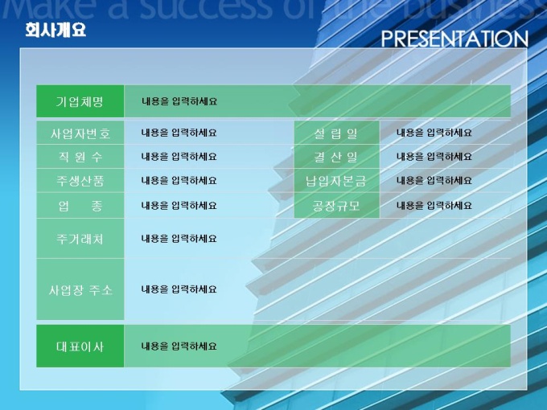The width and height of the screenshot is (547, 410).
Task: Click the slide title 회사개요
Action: pyautogui.click(x=56, y=30)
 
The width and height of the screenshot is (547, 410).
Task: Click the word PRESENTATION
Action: pyautogui.click(x=454, y=39)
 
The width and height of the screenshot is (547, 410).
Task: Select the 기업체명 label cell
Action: pyautogui.click(x=80, y=101)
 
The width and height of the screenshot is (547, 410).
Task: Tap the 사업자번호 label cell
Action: pyautogui.click(x=80, y=133)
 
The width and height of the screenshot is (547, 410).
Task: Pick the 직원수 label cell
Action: pyautogui.click(x=80, y=157)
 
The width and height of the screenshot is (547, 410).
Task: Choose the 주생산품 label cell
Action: pyautogui.click(x=80, y=181)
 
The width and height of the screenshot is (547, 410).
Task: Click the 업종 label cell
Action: pyautogui.click(x=80, y=205)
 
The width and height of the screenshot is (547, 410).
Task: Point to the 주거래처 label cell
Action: pyautogui.click(x=80, y=239)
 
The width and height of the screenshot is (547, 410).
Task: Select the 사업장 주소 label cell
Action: pyautogui.click(x=80, y=289)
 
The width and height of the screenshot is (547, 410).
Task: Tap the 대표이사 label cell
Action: pyautogui.click(x=80, y=346)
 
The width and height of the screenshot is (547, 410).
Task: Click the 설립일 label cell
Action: pyautogui.click(x=336, y=133)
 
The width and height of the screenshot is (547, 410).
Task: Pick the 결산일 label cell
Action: pyautogui.click(x=336, y=157)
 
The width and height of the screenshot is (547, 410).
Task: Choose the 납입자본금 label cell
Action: pyautogui.click(x=336, y=181)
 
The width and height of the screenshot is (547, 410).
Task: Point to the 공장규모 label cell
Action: pyautogui.click(x=336, y=205)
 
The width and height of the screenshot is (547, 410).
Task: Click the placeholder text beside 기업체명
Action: pyautogui.click(x=179, y=101)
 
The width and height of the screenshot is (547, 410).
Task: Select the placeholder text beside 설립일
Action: pyautogui.click(x=434, y=133)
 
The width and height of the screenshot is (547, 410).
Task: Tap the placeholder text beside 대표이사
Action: pyautogui.click(x=179, y=346)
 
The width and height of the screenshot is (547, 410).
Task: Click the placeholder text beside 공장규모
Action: pyautogui.click(x=434, y=205)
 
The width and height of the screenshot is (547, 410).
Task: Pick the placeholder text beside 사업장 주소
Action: pyautogui.click(x=179, y=289)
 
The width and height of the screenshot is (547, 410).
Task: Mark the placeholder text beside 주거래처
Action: pyautogui.click(x=179, y=239)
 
